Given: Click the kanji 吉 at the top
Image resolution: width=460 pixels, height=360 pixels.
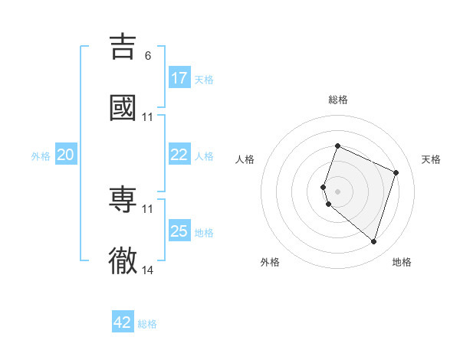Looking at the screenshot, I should coord(123,47).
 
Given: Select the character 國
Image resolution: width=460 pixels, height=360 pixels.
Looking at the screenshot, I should coord(123,107).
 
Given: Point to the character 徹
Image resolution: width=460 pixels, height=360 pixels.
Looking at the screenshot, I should coord(123,260).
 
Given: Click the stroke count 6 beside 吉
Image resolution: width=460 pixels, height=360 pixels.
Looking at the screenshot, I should coord(148,55).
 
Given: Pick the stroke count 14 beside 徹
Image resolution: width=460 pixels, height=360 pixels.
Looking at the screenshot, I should coord(148,270).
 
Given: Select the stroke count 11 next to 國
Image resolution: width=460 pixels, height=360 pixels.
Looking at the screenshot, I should coord(148,116).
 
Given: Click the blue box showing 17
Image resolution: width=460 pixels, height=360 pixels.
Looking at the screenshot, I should coord(179,78).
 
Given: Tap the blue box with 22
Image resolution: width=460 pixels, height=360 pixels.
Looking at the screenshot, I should coord(179,155).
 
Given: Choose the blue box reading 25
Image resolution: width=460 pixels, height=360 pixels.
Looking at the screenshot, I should coord(179,231).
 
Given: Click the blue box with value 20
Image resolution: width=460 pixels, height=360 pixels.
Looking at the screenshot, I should coord(66,155).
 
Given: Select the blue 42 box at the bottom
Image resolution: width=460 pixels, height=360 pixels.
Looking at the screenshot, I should coord(123,322).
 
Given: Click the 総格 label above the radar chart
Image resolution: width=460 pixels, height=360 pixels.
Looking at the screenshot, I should coord(337,100).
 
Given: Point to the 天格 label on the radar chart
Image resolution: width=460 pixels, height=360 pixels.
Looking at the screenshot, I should coord(432,159).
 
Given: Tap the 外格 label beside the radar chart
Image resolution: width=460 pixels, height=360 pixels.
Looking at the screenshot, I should coord(270,262).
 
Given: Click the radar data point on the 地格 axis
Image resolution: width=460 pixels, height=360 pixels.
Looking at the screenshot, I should coord(373,241).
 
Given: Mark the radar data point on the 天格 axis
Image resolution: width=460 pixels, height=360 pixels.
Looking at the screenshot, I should coord(396,172).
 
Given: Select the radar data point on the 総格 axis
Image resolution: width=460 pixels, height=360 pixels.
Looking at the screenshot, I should coord(337,146).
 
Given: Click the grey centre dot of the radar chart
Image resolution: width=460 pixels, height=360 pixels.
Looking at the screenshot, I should coord(337,191).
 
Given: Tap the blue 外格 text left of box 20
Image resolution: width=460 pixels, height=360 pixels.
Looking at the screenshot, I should coord(41,155).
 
